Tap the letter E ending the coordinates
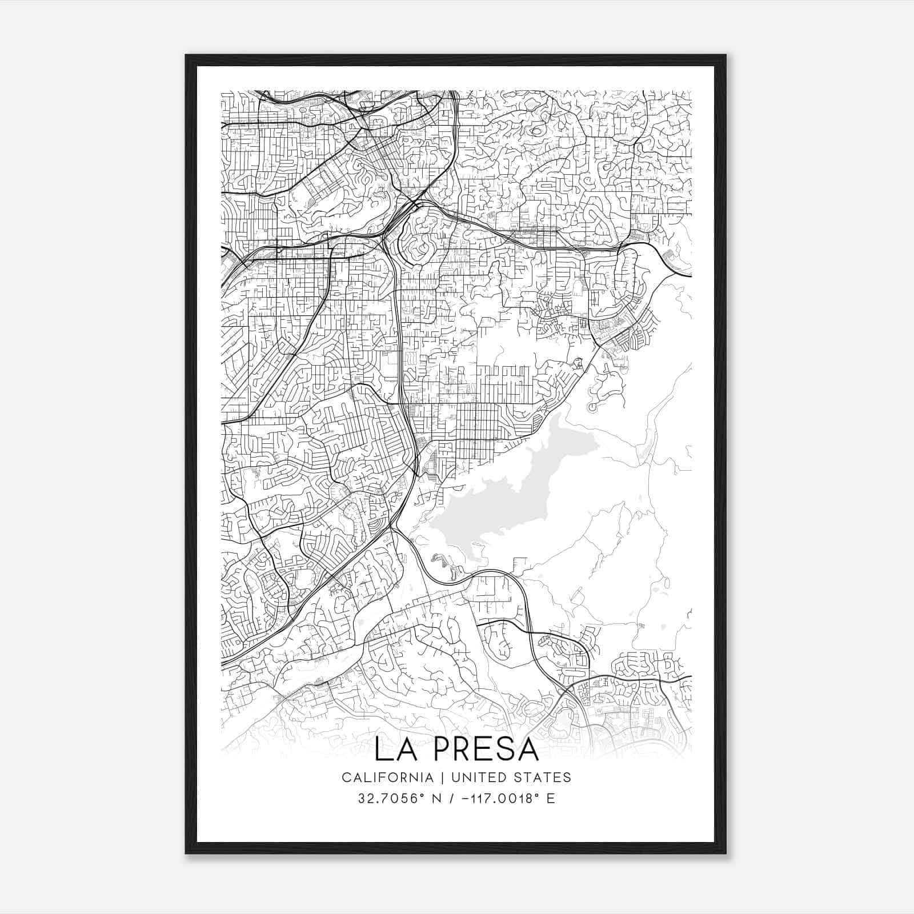pyautogui.click(x=551, y=799)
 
